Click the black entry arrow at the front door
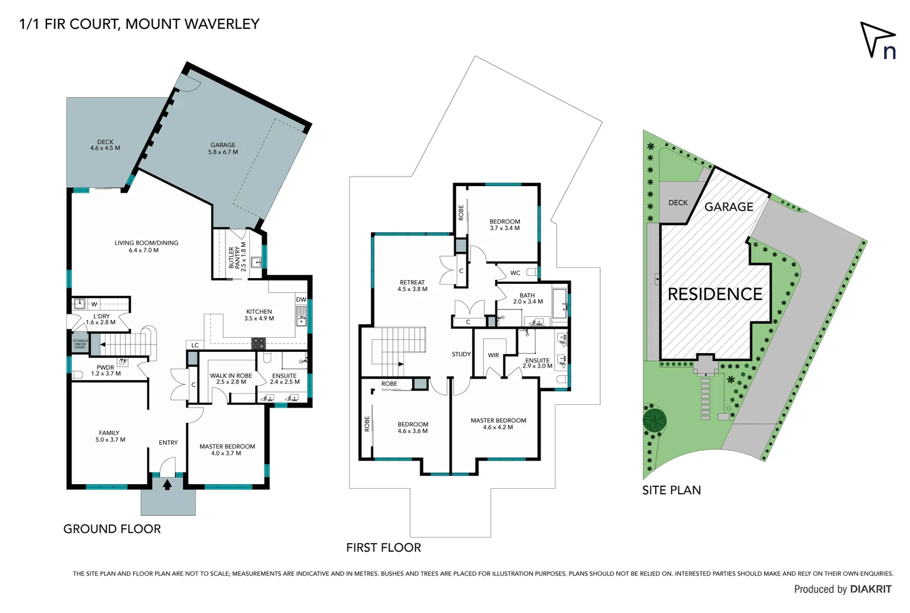(167, 485)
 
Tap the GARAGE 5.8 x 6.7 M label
(223, 149)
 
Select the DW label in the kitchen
(301, 300)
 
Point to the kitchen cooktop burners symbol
(258, 343)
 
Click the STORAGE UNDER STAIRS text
(80, 344)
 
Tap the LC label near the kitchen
(195, 345)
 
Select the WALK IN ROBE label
(230, 379)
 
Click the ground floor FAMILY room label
(110, 436)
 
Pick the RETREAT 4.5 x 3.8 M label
(412, 285)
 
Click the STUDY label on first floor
(461, 354)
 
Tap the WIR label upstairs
(493, 355)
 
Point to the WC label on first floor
(515, 273)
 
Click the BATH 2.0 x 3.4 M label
(527, 299)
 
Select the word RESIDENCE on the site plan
(715, 294)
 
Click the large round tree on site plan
(655, 421)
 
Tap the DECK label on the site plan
(678, 203)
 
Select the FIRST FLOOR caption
(383, 548)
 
